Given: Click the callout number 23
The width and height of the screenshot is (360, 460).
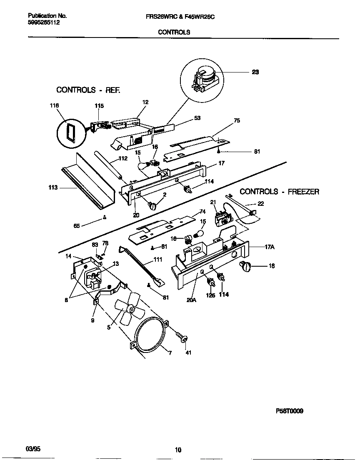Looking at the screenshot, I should (255, 72).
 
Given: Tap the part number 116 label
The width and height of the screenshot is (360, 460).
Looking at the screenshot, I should (54, 106).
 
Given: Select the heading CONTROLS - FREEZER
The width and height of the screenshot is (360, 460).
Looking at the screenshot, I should (279, 192).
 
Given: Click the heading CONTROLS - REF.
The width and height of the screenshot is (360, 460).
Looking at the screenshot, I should (88, 90).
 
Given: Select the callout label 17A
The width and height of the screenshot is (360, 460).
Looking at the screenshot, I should (269, 247).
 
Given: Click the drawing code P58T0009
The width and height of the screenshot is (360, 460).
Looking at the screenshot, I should (290, 410).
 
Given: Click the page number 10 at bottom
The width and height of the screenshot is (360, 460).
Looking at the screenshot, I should (178, 449).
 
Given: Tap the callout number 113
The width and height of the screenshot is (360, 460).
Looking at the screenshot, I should (52, 187).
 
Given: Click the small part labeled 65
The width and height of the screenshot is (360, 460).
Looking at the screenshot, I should (105, 217).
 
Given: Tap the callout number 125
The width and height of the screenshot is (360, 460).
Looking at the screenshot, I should (211, 295).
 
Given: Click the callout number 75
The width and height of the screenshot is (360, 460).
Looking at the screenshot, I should (237, 121).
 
